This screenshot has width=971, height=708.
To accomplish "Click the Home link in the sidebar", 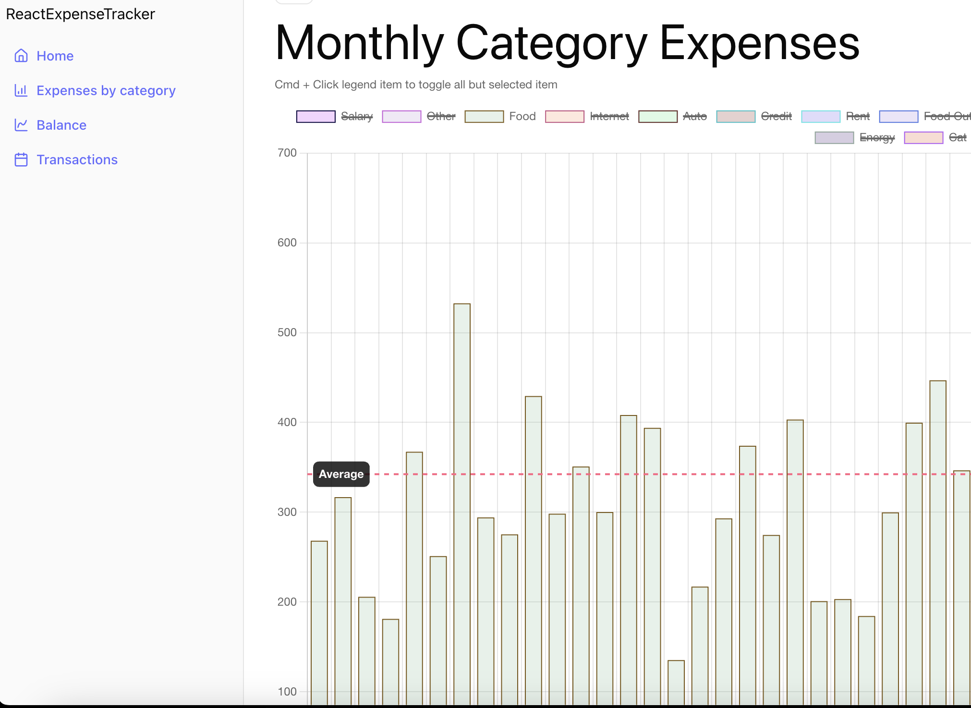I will tap(55, 56).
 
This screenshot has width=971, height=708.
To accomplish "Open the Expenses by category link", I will tap(106, 90).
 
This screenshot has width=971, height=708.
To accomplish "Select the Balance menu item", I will tap(61, 125).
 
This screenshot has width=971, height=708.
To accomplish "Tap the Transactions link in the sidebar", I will tap(77, 159).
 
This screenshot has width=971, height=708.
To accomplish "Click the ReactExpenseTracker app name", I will tap(80, 14).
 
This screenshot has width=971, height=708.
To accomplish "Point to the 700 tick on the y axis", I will tap(287, 153).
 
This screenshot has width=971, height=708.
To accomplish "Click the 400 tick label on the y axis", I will tap(287, 422).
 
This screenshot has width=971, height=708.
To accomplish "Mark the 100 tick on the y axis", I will tap(287, 692).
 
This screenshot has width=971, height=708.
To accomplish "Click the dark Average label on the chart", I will tap(341, 474).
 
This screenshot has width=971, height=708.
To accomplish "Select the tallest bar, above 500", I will tap(462, 480).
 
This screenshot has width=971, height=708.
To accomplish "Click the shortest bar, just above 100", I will tap(676, 682).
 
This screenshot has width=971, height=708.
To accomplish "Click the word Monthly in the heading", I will tap(359, 43).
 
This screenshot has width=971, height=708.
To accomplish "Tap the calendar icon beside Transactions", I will tap(21, 159).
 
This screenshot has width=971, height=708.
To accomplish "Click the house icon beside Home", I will tap(21, 56).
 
